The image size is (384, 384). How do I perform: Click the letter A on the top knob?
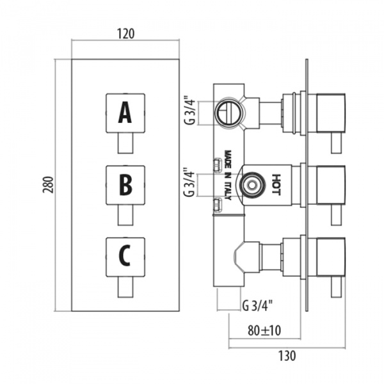click(125, 114)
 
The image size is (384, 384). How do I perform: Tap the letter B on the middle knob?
click(125, 186)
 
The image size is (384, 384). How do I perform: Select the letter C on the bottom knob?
click(125, 257)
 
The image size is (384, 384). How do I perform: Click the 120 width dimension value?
click(126, 34)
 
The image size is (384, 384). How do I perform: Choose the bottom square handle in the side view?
click(329, 257)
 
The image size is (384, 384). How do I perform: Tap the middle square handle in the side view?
click(329, 185)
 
